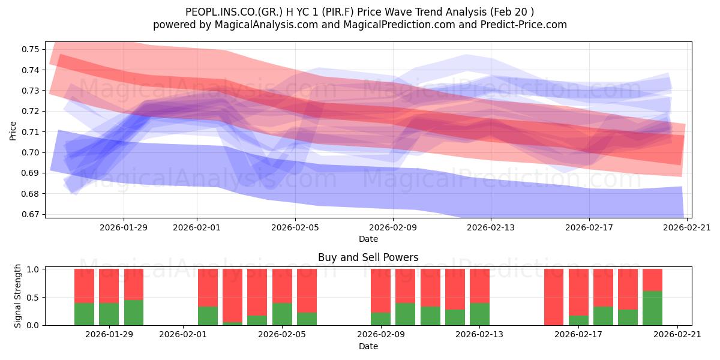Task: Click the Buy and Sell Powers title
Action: click(x=368, y=257)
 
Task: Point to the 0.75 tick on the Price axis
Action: click(x=30, y=49)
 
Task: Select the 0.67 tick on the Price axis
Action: click(x=30, y=214)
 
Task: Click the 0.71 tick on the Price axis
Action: click(x=30, y=132)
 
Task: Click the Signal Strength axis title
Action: click(x=18, y=296)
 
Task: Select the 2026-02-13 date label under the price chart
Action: click(x=491, y=227)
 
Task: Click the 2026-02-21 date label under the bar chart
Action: click(x=677, y=335)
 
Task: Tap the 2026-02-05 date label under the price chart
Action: click(x=295, y=227)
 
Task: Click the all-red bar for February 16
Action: click(x=554, y=297)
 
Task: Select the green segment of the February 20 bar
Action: click(x=652, y=308)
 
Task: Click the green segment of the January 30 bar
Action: click(x=134, y=312)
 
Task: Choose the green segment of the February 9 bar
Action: click(x=380, y=319)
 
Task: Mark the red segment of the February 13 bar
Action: click(x=479, y=286)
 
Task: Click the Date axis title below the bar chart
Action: click(x=368, y=346)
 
